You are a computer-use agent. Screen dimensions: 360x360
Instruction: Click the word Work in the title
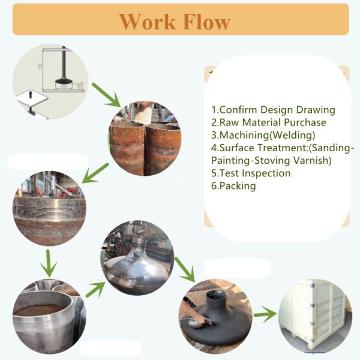[x=147, y=22]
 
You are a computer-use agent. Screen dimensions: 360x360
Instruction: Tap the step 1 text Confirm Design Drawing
[x=273, y=110]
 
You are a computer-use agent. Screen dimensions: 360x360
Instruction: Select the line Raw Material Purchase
[x=269, y=122]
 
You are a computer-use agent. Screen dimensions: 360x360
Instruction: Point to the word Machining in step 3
[x=244, y=135]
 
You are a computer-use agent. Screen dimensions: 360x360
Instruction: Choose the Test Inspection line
[x=251, y=173]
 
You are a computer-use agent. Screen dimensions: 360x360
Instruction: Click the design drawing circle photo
[x=50, y=81]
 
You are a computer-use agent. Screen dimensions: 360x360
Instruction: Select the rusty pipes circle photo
[x=145, y=139]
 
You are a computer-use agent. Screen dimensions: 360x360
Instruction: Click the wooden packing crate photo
[x=315, y=316]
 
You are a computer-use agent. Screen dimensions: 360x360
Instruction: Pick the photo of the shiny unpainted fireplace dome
[x=137, y=258]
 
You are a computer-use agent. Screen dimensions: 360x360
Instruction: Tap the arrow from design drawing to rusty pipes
[x=106, y=95]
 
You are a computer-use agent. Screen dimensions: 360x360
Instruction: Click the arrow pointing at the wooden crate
[x=265, y=314]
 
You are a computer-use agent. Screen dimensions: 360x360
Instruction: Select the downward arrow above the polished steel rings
[x=48, y=263]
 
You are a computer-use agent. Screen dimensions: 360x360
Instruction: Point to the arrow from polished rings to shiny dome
[x=95, y=289]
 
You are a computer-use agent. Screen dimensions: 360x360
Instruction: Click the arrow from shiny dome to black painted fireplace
[x=185, y=269]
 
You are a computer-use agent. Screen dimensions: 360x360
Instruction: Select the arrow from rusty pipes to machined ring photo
[x=95, y=173]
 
